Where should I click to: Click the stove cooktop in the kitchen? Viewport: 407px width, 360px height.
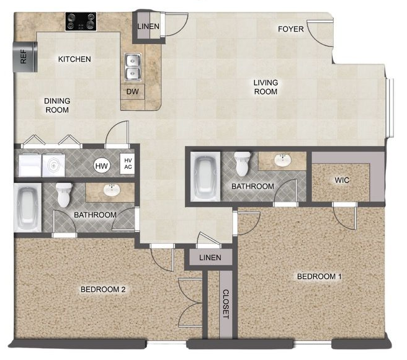click(81, 22)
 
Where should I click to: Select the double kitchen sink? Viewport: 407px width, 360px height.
click(133, 67)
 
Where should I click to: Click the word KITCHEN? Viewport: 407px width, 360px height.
click(74, 60)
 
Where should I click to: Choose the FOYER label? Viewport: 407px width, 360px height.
click(290, 29)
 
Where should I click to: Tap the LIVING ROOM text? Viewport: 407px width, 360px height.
click(265, 87)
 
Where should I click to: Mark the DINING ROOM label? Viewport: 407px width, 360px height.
click(56, 105)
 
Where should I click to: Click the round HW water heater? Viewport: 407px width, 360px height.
click(101, 166)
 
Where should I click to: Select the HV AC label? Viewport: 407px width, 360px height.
click(128, 163)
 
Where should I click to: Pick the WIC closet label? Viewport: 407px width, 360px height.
click(342, 181)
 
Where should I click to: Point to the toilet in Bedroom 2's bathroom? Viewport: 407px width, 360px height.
click(65, 195)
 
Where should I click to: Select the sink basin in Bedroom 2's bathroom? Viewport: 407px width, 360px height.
click(112, 190)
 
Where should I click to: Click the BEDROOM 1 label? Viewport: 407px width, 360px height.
click(319, 276)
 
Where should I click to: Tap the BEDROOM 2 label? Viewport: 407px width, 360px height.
click(104, 289)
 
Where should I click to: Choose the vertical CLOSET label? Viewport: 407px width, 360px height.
click(226, 304)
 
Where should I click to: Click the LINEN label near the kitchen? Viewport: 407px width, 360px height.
click(149, 27)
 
